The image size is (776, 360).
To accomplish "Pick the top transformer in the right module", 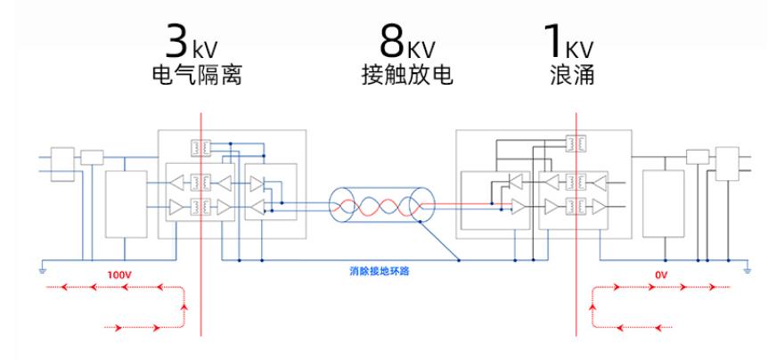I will [x=576, y=143].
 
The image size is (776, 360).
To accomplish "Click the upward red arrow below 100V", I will [x=184, y=307].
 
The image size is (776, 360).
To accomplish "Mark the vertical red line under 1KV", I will [x=577, y=223].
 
